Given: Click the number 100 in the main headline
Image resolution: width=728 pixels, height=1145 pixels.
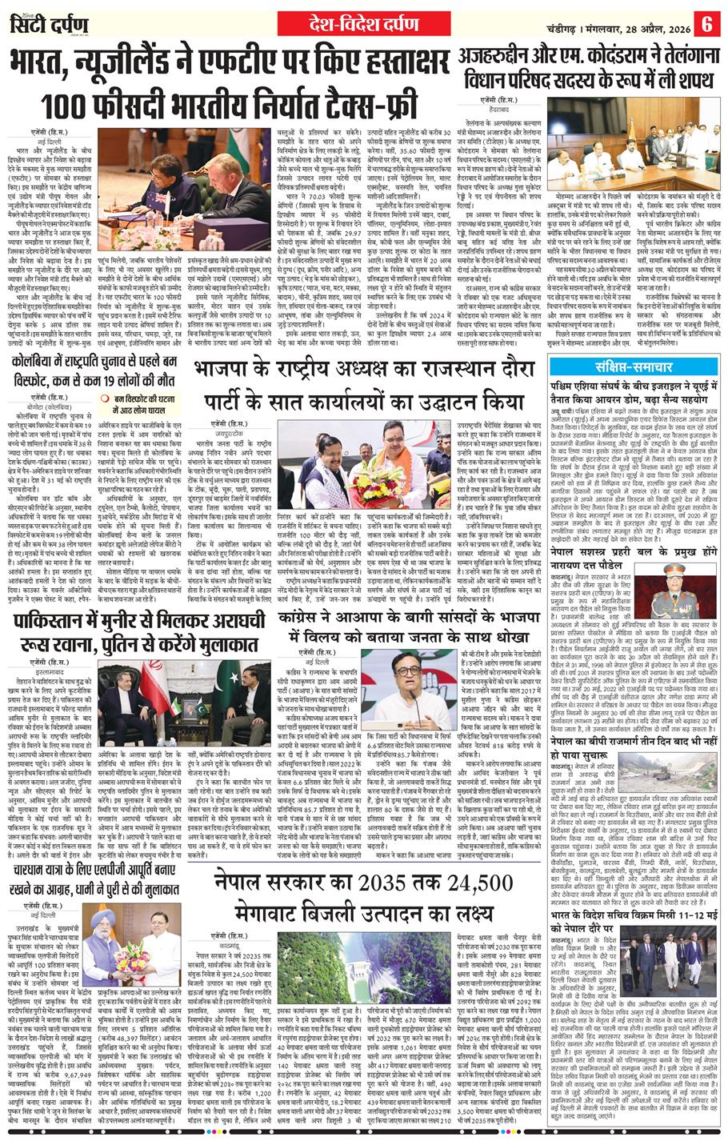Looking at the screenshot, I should [73, 104].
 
